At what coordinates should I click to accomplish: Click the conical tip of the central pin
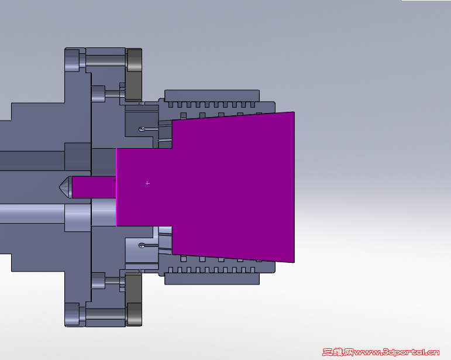(64, 187)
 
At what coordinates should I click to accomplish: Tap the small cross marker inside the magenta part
(147, 183)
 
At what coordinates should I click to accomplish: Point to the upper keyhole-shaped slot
(142, 129)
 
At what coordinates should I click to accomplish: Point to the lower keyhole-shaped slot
(142, 245)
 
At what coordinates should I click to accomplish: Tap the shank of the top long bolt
(105, 61)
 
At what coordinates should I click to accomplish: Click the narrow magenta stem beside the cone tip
(94, 187)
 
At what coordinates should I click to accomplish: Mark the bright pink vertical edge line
(116, 187)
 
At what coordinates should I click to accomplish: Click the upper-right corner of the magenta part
(292, 113)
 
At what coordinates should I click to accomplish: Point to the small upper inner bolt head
(98, 93)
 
